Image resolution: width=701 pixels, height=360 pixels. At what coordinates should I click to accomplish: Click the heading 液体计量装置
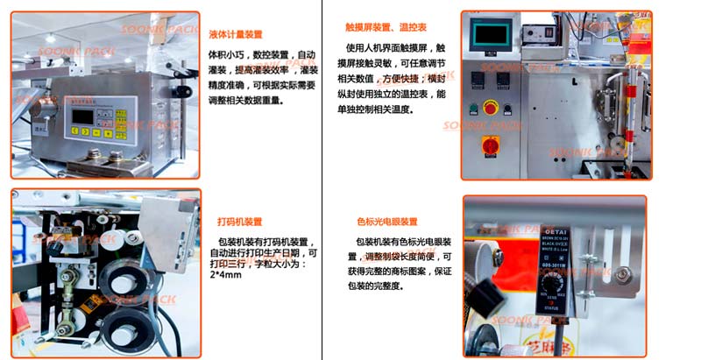point(235,34)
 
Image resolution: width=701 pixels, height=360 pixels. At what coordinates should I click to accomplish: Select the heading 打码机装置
point(239,222)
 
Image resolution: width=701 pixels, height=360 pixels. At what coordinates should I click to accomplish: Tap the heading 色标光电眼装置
point(386,222)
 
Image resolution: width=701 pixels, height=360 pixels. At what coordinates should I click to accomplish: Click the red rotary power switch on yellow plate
point(491,144)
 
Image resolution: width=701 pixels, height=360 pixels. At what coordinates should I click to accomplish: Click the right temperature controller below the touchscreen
point(503,79)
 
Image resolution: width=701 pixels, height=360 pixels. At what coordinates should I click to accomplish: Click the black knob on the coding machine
point(59,249)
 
